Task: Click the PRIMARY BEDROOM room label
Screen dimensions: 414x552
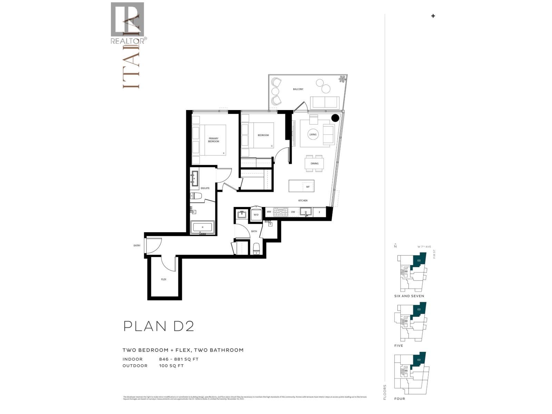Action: coord(214,140)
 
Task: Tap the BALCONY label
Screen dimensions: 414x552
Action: coord(298,89)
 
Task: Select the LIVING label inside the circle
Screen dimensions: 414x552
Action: coord(313,135)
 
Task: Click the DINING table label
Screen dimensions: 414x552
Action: coord(314,163)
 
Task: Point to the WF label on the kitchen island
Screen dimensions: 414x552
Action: coord(308,187)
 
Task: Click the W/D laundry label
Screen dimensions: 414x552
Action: coord(256,215)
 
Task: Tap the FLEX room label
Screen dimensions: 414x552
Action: coord(164,279)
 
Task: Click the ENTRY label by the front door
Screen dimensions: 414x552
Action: coord(137,246)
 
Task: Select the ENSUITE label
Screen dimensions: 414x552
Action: coord(205,188)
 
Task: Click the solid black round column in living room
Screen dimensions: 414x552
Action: coord(335,118)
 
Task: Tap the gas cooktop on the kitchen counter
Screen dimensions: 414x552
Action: coord(280,212)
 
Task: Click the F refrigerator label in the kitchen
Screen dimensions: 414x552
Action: coord(319,212)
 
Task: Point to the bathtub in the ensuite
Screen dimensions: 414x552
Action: coord(203,227)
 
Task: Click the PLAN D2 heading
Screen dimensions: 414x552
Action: coord(159,326)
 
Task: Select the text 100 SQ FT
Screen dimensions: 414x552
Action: coord(171,366)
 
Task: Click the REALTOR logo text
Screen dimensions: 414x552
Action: coord(127,41)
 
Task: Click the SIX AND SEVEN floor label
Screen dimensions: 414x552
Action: coord(409,296)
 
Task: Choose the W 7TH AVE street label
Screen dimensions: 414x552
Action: coord(424,247)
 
